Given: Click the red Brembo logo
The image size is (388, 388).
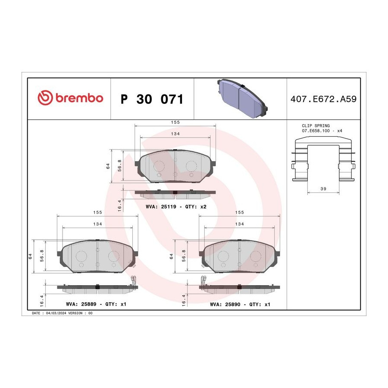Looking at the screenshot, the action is pyautogui.click(x=70, y=98).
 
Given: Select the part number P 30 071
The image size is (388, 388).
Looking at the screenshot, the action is pyautogui.click(x=152, y=99).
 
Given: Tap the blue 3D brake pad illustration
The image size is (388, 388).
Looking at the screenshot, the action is pyautogui.click(x=242, y=98).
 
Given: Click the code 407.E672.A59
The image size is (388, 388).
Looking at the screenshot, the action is pyautogui.click(x=323, y=99).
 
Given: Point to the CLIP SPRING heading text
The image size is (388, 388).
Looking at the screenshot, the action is pyautogui.click(x=316, y=126).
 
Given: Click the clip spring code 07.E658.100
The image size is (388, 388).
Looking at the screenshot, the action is pyautogui.click(x=316, y=131).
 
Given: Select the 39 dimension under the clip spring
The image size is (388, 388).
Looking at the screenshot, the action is pyautogui.click(x=323, y=188).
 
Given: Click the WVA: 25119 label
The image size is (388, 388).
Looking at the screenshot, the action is pyautogui.click(x=161, y=207).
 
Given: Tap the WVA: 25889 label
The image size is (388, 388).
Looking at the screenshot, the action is pyautogui.click(x=81, y=304).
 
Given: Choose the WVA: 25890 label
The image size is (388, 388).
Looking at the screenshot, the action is pyautogui.click(x=225, y=304).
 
